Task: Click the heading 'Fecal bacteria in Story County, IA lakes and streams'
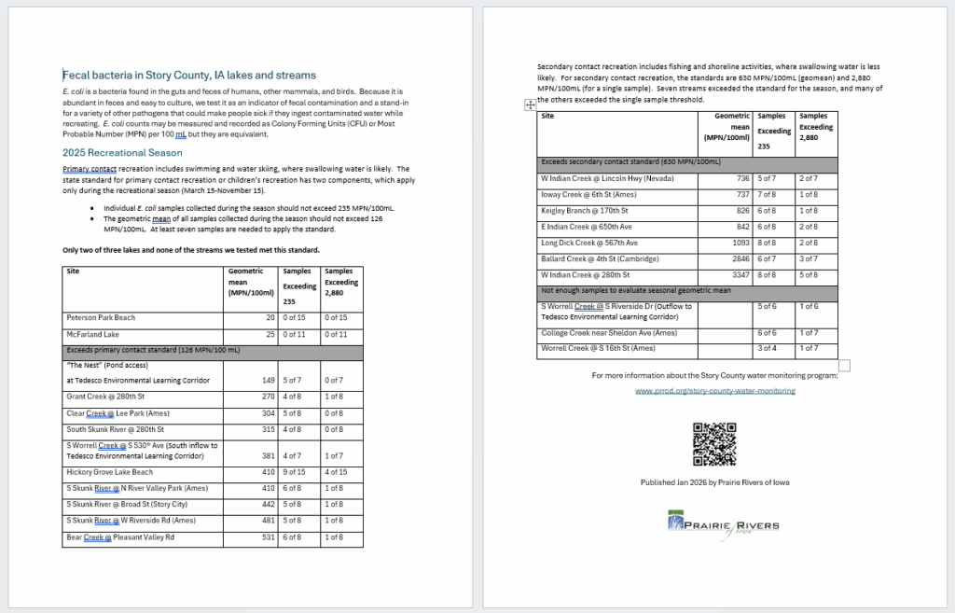[x=189, y=75]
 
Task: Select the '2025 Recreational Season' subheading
[x=122, y=152]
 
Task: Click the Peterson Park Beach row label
[x=100, y=317]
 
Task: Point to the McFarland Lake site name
[x=92, y=334]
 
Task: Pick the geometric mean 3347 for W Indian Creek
[x=737, y=274]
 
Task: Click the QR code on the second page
[x=714, y=444]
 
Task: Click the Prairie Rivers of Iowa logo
[x=724, y=522]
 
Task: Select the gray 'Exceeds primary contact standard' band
[x=213, y=350]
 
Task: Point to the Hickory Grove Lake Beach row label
[x=109, y=472]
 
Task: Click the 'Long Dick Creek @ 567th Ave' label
[x=589, y=243]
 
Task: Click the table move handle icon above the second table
[x=530, y=105]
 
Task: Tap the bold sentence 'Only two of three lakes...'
[x=191, y=250]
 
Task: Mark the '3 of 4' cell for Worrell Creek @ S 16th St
[x=764, y=348]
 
